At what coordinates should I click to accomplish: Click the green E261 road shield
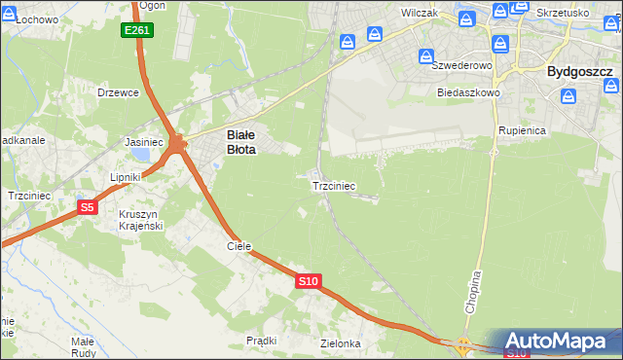(x=137, y=31)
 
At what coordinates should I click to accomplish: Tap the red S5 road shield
(x=88, y=207)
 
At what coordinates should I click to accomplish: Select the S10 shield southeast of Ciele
(x=308, y=281)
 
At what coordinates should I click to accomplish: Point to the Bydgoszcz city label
(x=579, y=72)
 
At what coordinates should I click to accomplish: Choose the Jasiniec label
(x=143, y=141)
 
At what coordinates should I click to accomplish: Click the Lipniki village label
(x=127, y=177)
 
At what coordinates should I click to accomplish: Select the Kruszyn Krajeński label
(x=141, y=219)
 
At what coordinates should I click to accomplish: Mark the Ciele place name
(x=239, y=246)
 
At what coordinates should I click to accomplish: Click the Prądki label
(x=262, y=341)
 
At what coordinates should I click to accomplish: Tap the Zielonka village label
(x=341, y=343)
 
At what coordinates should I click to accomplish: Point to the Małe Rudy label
(x=83, y=347)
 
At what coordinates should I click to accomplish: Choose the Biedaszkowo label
(x=468, y=92)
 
